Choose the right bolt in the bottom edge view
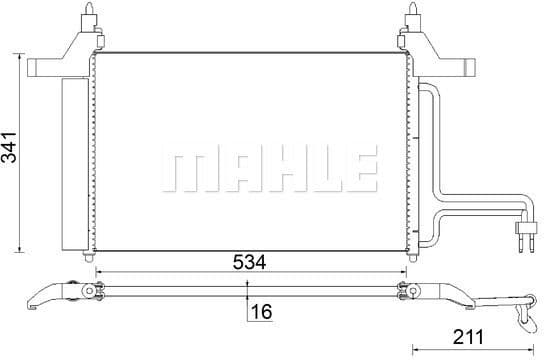pos(406,292)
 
